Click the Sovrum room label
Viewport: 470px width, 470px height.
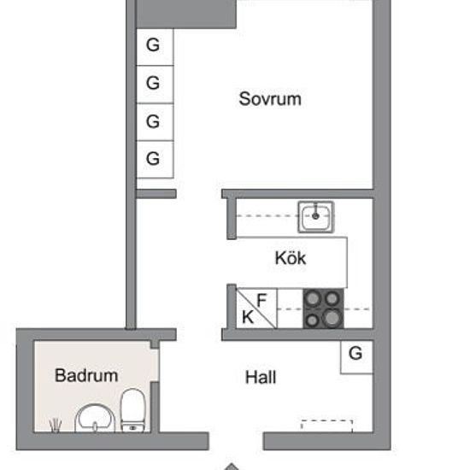[x=270, y=98]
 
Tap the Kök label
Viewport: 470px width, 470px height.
[x=291, y=258]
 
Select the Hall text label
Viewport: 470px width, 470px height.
[x=261, y=377]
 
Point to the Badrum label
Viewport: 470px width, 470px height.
[x=86, y=375]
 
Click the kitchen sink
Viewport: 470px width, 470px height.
[x=316, y=217]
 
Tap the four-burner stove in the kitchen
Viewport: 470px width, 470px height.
[x=323, y=308]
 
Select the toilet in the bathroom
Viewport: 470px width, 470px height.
[x=133, y=410]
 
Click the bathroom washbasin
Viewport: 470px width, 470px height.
[x=95, y=418]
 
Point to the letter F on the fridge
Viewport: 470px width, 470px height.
[x=261, y=300]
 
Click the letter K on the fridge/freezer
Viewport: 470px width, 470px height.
[x=248, y=317]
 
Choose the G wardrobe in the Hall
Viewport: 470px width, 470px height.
[x=356, y=357]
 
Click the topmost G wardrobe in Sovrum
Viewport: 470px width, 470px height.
[x=155, y=47]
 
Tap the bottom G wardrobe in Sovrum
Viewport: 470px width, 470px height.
[x=155, y=160]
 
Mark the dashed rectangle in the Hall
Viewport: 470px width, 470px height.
[x=326, y=426]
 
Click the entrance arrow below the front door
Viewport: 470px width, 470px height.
[x=231, y=467]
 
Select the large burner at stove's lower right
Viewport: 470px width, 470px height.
[x=332, y=318]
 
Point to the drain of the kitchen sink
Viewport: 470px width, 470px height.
[x=315, y=216]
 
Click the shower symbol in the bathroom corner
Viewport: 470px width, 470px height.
[x=56, y=426]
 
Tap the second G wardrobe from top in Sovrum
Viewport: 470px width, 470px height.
[x=155, y=85]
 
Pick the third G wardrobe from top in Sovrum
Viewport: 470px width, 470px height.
[x=155, y=122]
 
